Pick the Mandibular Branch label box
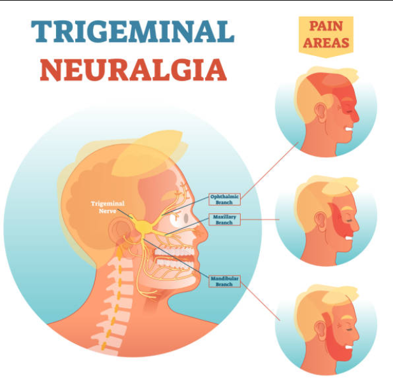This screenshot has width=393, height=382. coord(225,280)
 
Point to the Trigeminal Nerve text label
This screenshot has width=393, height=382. coord(108,208)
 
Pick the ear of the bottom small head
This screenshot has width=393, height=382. coord(319,325)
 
